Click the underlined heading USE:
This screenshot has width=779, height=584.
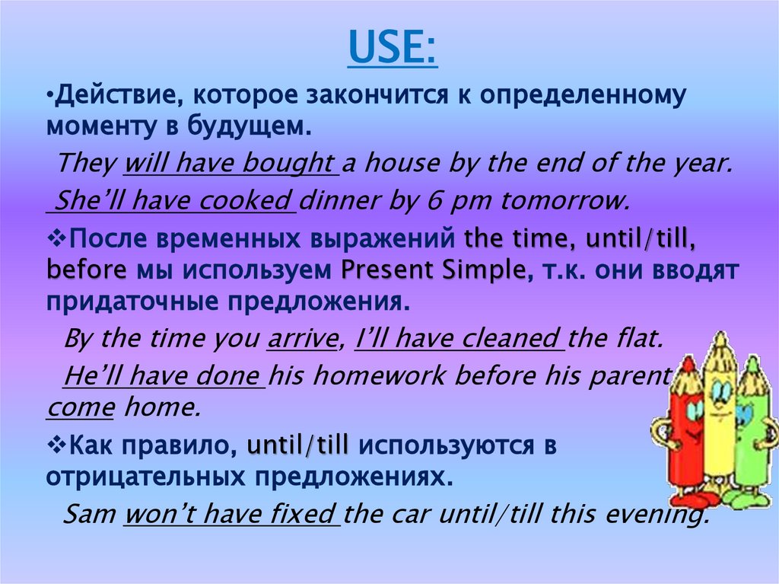tap(393, 48)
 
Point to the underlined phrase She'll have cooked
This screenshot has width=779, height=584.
tap(173, 202)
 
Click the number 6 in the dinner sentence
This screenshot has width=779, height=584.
tap(430, 202)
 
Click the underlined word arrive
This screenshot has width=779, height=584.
tap(302, 339)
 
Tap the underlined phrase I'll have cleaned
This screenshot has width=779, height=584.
tap(458, 339)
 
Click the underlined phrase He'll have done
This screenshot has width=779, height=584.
tap(163, 375)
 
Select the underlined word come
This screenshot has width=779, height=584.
tap(80, 409)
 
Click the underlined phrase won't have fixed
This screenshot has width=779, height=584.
tap(232, 514)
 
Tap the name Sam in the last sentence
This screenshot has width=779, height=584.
tap(89, 514)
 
